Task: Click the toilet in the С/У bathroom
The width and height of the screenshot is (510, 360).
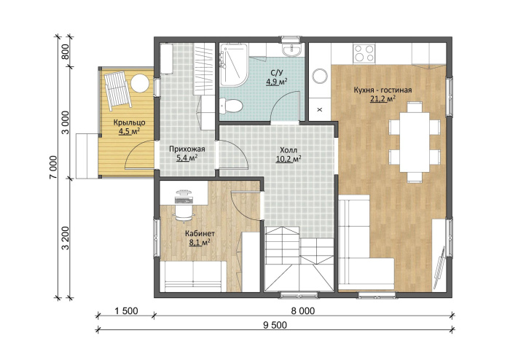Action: tap(231, 106)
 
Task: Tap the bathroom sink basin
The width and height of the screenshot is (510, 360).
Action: tap(291, 50)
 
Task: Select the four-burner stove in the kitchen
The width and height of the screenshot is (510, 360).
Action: tap(364, 53)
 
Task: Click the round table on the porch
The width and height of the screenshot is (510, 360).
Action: tap(140, 84)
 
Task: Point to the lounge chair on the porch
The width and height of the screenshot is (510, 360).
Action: tap(118, 90)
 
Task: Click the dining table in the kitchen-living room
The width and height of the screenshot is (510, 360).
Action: tap(415, 142)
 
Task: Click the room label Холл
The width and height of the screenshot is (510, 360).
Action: tap(289, 150)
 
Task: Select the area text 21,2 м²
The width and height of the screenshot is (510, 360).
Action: tap(382, 98)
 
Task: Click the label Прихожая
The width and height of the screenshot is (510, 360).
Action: tap(187, 149)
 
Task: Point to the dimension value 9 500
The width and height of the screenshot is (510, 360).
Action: tap(275, 324)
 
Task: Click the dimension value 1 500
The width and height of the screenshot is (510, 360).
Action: tap(127, 311)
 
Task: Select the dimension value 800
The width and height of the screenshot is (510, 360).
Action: tap(66, 52)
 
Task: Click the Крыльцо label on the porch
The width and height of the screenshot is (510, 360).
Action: tap(129, 122)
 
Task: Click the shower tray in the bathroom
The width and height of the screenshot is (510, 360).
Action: tap(232, 65)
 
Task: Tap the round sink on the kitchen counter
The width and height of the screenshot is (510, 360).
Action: tap(320, 77)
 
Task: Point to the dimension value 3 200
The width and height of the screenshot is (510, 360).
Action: tap(66, 238)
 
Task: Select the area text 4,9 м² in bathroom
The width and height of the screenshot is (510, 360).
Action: tap(276, 82)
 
